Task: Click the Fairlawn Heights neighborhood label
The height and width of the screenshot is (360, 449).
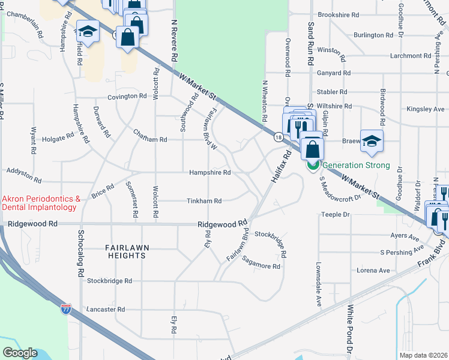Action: (125, 251)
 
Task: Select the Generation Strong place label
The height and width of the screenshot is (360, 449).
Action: (356, 166)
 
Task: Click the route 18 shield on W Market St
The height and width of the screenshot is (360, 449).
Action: (278, 137)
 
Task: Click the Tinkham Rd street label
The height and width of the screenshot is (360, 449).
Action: (204, 201)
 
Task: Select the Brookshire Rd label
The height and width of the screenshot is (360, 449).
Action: (338, 15)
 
